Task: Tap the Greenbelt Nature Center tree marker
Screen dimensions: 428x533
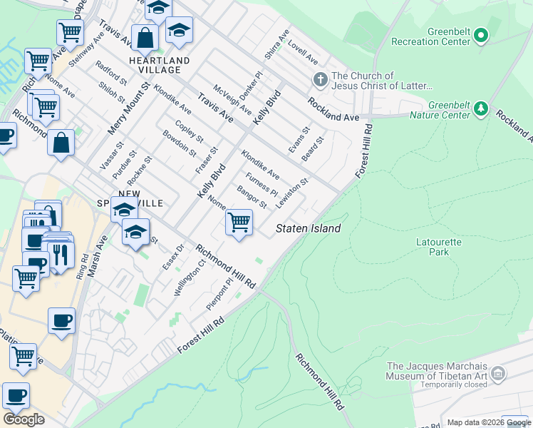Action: [482, 108]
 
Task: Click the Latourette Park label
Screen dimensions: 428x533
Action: [439, 247]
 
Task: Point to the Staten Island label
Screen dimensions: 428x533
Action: [309, 228]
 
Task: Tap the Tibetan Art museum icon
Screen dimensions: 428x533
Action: [498, 373]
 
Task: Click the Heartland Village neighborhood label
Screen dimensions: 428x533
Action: [160, 66]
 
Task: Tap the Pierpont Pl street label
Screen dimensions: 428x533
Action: [219, 294]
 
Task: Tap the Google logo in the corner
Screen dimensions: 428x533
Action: [24, 419]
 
